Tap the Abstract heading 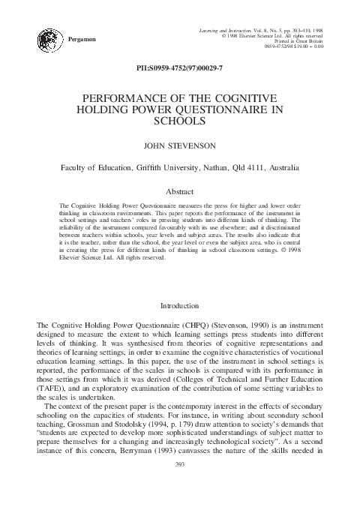click(179, 192)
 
